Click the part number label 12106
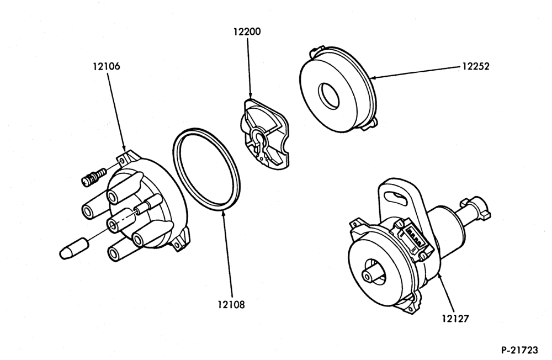click(107, 66)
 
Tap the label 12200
click(247, 31)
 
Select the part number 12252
click(476, 67)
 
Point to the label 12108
click(231, 304)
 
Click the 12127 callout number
click(455, 319)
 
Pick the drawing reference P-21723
click(519, 350)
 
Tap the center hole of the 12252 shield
click(329, 95)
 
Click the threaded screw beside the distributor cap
click(94, 176)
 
